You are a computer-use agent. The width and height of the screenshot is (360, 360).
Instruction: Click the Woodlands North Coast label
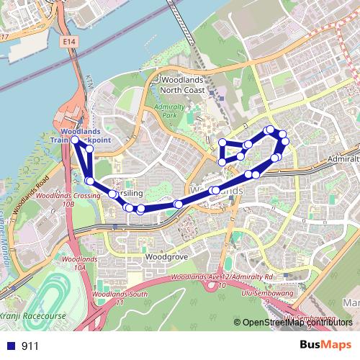(x=183, y=84)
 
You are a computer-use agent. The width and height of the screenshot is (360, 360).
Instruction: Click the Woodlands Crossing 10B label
(x=67, y=199)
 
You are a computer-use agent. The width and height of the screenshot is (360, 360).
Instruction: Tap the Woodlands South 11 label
(x=120, y=299)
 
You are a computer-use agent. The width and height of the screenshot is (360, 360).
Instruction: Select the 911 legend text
(x=30, y=346)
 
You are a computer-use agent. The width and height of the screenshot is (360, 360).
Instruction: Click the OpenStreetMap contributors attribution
(x=297, y=323)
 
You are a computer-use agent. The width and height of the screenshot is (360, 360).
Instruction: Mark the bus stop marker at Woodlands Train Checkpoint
(x=76, y=140)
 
